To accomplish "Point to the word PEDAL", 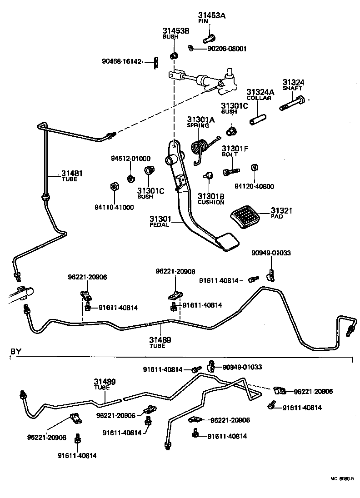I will coord(160,224).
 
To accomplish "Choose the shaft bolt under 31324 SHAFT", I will coord(293,103).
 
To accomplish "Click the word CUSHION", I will coord(211,203).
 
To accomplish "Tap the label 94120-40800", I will coord(255,186).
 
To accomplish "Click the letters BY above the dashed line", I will coord(16,351).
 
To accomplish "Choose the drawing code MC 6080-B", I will coord(341,478).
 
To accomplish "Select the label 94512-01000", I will coord(131,159).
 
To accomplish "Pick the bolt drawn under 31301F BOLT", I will coord(231,172).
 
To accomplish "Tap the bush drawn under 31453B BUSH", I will coord(174,56).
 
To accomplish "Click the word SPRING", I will coord(198,125).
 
